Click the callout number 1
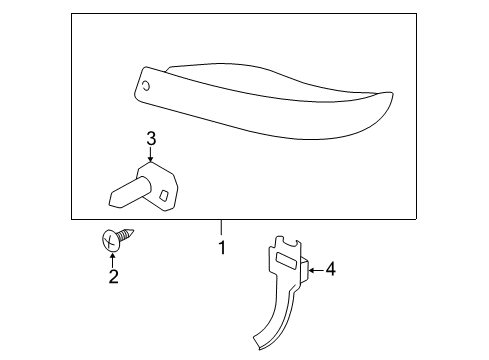click(x=222, y=247)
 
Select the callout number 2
click(x=113, y=276)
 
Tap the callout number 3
click(x=151, y=138)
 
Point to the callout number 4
click(x=330, y=269)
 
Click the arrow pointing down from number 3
click(x=151, y=154)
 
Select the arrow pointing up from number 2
click(x=113, y=261)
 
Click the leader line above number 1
click(x=220, y=227)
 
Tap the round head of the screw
click(x=110, y=240)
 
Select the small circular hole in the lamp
click(x=146, y=86)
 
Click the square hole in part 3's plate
click(x=164, y=195)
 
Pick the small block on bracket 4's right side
click(x=306, y=270)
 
